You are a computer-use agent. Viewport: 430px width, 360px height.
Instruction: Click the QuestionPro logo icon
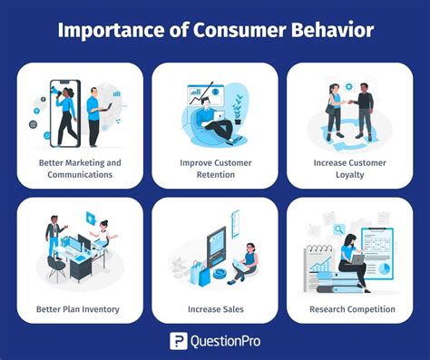tap(180, 341)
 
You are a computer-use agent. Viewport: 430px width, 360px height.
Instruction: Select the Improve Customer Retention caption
tap(214, 168)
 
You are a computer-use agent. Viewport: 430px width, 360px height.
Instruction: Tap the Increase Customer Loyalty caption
tap(349, 168)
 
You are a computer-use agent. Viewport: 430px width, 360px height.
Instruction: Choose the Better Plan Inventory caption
tap(79, 309)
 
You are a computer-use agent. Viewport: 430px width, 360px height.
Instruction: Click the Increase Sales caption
tap(214, 309)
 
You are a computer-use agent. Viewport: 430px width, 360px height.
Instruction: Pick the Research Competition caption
tap(350, 309)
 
